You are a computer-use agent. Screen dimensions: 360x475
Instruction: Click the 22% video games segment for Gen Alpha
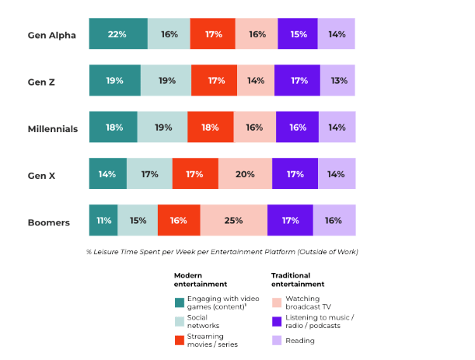click(x=118, y=34)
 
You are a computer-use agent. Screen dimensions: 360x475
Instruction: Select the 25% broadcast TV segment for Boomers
click(x=234, y=221)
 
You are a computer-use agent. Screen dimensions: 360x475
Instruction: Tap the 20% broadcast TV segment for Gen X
click(x=245, y=174)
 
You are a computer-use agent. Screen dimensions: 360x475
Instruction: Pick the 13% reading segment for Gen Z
click(x=338, y=81)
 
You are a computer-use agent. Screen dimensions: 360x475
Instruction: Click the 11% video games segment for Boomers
click(x=103, y=221)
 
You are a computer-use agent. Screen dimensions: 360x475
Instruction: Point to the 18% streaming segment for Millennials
click(x=211, y=128)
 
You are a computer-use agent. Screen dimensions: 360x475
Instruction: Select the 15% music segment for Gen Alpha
click(x=298, y=34)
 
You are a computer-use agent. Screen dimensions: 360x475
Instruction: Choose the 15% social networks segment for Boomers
click(x=138, y=221)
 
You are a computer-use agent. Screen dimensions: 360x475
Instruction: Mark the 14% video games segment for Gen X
click(x=108, y=174)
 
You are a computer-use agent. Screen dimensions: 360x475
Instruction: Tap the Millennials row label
click(x=53, y=128)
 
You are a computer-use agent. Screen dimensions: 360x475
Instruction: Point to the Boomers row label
click(x=50, y=222)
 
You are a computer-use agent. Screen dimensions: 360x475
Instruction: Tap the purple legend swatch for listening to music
click(x=276, y=320)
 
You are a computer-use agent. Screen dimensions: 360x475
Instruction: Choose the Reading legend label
click(x=300, y=340)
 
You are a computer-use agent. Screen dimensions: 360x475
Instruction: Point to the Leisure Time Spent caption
click(x=222, y=251)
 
